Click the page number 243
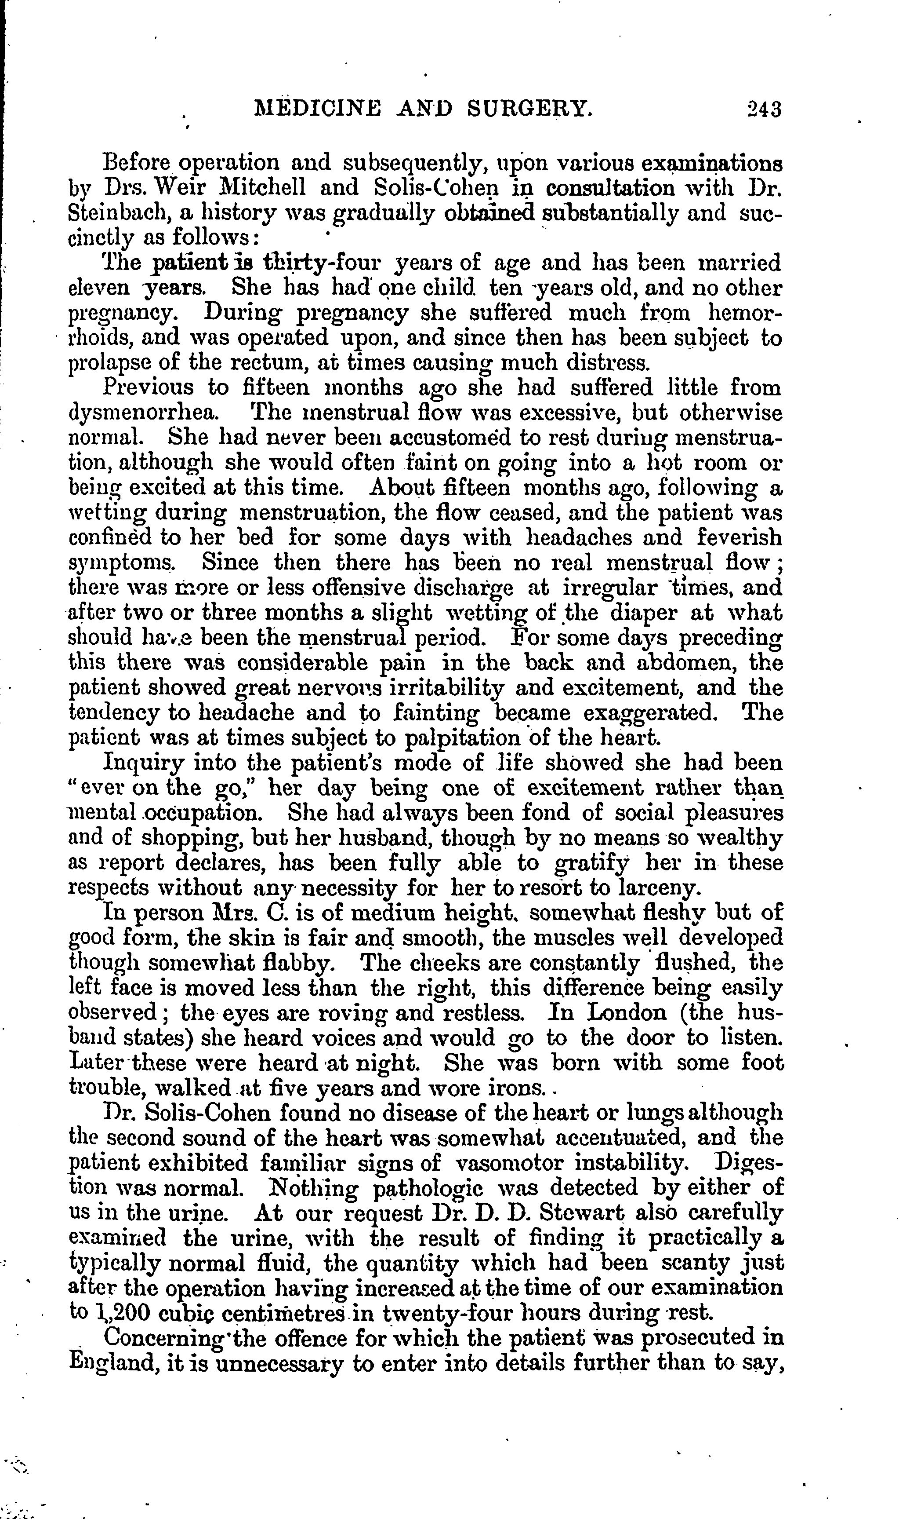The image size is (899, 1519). [764, 109]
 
